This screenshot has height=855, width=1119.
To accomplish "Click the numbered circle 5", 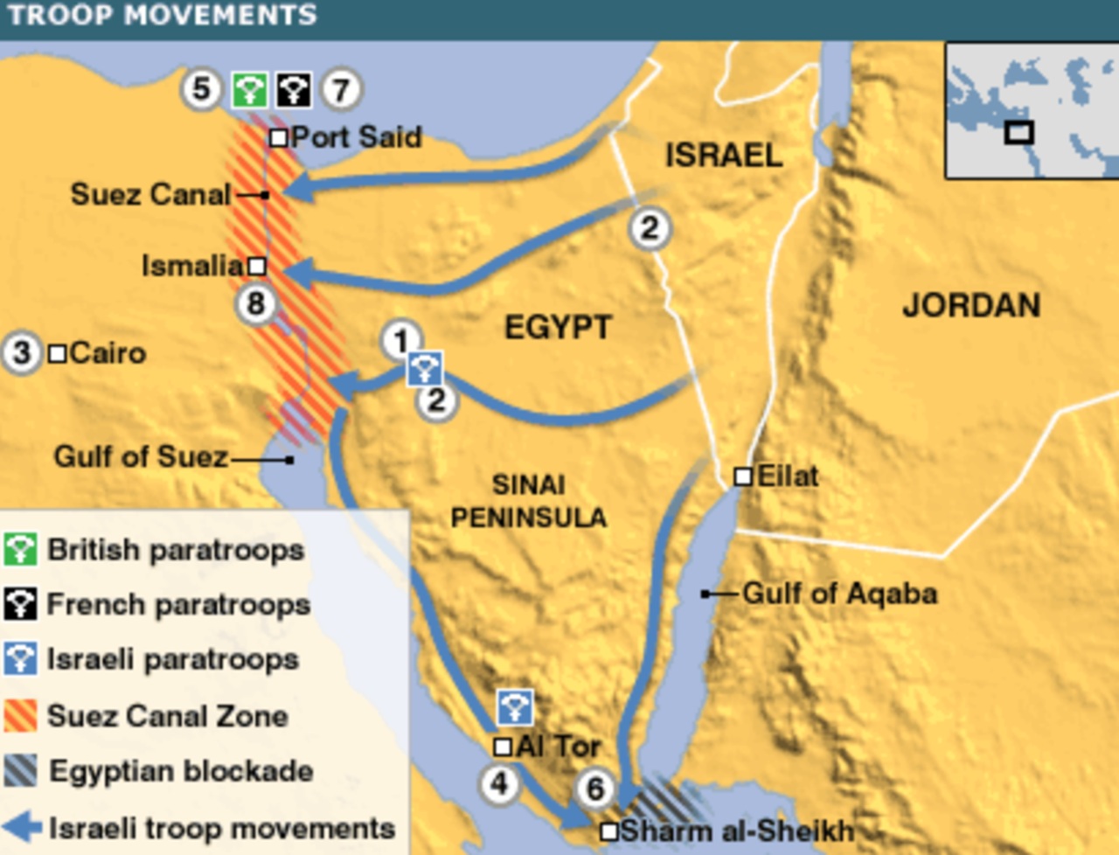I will click(201, 88).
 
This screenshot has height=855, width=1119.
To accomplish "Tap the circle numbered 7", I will click(340, 89).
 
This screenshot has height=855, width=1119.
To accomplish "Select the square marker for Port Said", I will click(278, 137).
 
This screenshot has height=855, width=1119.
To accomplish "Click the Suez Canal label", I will click(150, 194).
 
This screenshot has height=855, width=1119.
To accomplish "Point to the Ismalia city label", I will click(191, 266).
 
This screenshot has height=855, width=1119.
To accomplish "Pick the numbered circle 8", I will click(255, 304).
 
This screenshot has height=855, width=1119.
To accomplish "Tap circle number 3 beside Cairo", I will click(22, 353).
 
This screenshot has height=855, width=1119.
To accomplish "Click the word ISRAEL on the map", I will click(724, 156).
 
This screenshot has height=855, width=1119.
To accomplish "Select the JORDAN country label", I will click(971, 306).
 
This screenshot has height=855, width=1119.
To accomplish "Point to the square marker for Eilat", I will click(743, 476).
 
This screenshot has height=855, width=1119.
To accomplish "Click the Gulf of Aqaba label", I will click(839, 594).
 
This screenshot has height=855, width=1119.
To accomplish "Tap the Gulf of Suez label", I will click(141, 456).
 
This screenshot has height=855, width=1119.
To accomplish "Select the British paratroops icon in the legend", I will click(20, 550).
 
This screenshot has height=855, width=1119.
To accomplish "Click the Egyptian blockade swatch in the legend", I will click(20, 770).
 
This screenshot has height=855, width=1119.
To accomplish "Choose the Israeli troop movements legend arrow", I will click(23, 827).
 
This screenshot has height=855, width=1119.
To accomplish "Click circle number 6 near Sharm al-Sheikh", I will click(594, 789).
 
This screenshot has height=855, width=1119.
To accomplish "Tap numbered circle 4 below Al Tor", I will click(499, 783).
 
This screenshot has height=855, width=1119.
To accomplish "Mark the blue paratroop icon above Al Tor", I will click(515, 707).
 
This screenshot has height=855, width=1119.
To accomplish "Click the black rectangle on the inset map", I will click(1019, 133).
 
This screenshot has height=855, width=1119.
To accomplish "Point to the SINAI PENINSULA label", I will click(528, 501).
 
